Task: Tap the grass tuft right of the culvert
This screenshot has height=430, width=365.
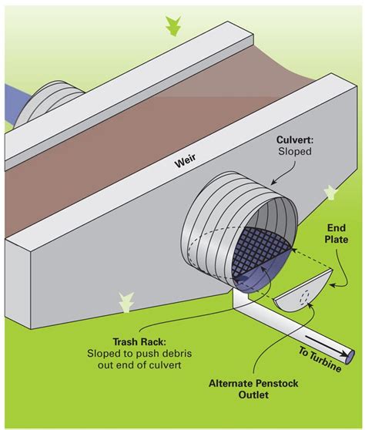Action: click(331, 190)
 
